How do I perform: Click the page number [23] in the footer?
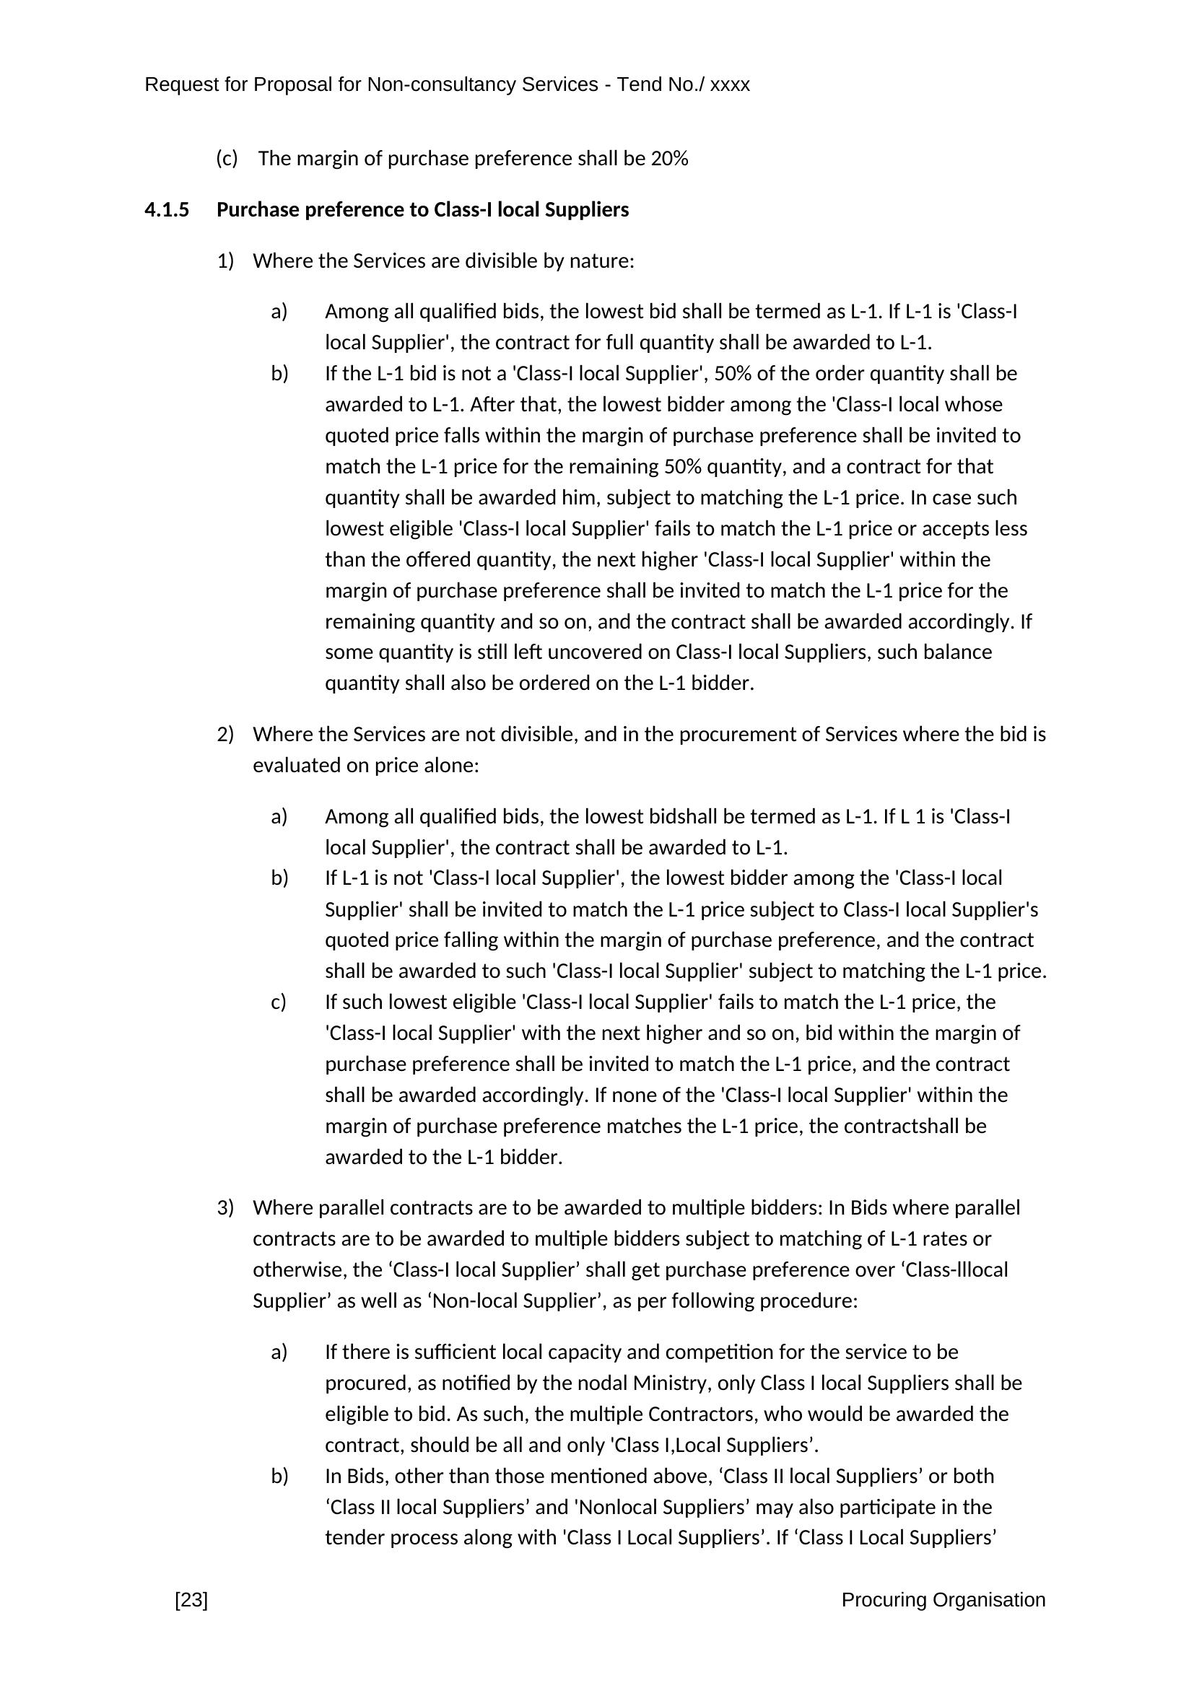coord(191,1600)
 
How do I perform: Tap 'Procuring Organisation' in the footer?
coord(943,1600)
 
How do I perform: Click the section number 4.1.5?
coord(166,210)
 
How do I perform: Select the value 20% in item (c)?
coord(669,159)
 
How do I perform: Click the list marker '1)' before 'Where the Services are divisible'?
coord(225,261)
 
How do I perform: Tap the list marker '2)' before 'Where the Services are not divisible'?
coord(225,735)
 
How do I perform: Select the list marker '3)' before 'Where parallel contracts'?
coord(225,1208)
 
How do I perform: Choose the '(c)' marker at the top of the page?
coord(227,159)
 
